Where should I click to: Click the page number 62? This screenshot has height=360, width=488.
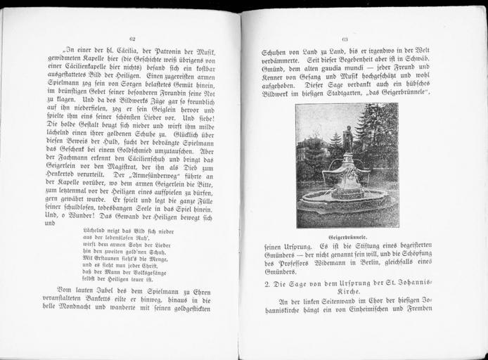pos(131,38)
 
